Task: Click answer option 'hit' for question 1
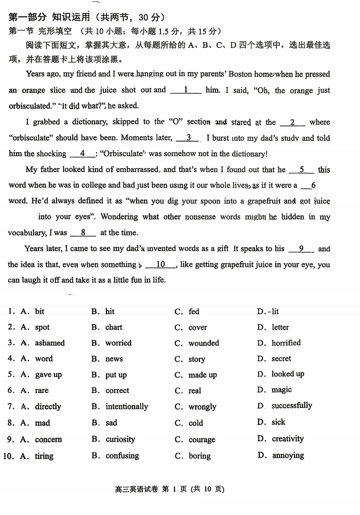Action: [110, 311]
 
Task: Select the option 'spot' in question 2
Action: [42, 327]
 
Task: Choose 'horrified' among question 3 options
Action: [286, 342]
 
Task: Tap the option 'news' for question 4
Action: [114, 359]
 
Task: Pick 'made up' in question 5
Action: [203, 375]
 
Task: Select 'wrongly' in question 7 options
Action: [202, 407]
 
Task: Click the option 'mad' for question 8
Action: [42, 423]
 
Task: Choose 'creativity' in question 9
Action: [287, 439]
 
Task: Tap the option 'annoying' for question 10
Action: [288, 455]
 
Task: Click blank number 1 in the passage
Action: [186, 90]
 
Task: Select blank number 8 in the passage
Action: [83, 233]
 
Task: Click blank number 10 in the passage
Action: [161, 265]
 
